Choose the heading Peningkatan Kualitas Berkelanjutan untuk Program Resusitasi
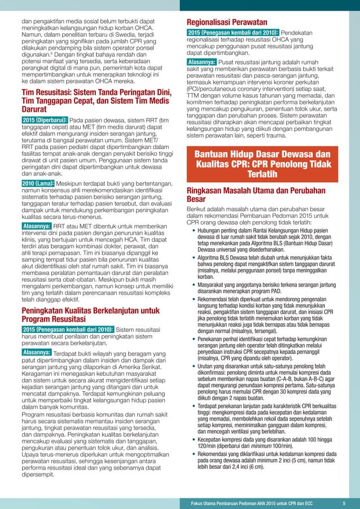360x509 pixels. (90, 314)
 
